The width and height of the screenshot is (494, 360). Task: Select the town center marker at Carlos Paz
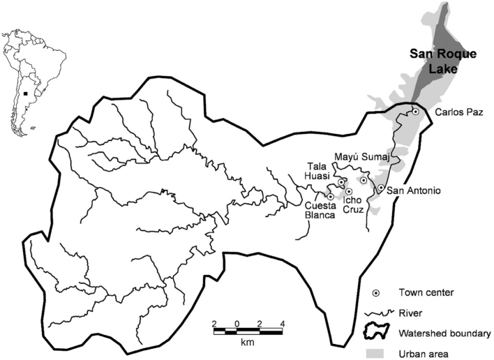coord(415,112)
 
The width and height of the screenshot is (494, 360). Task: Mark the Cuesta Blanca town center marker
coord(330,197)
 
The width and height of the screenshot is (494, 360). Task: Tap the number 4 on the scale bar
coord(281,323)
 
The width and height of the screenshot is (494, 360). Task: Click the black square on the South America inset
coord(25,91)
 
